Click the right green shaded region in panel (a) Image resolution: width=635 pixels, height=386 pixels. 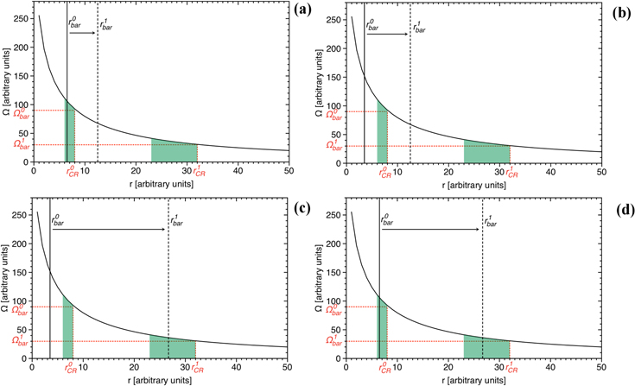click(x=174, y=151)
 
